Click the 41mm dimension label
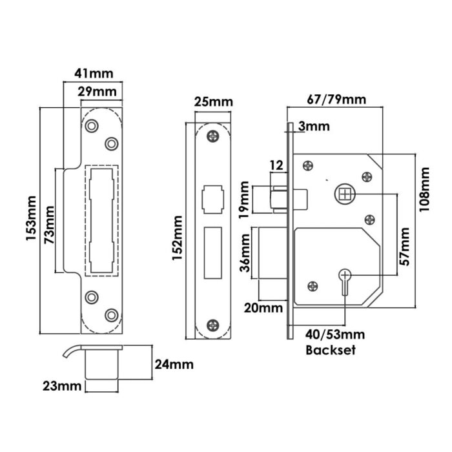94,74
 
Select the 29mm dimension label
97,92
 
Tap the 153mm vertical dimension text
31,218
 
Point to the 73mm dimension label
49,225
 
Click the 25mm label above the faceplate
213,102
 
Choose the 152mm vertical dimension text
178,238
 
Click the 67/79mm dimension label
336,99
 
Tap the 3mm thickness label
314,127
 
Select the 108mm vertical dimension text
424,189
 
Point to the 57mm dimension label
404,247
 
